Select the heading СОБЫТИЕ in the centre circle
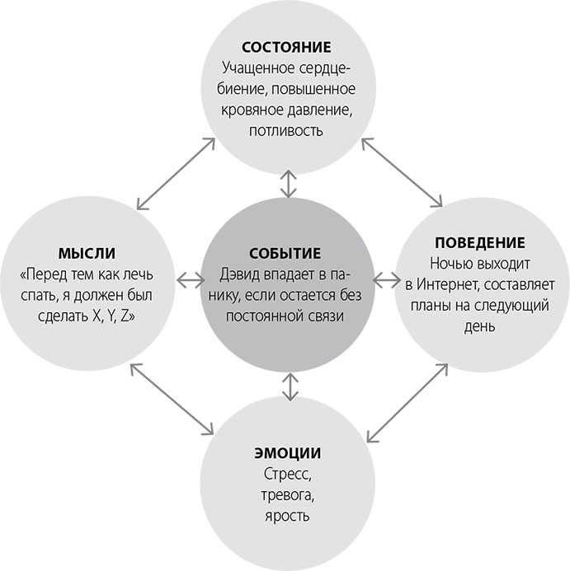point(285,254)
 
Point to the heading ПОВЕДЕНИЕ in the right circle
point(479,244)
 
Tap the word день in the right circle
point(479,326)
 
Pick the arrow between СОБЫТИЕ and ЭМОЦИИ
point(287,386)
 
